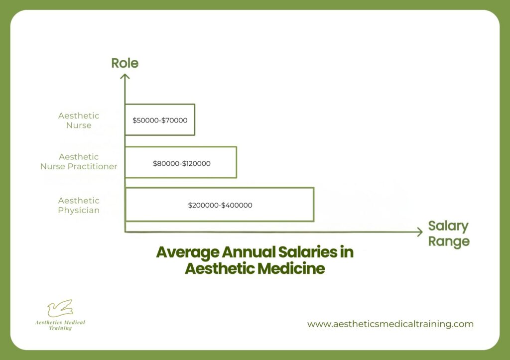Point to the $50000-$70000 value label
(159, 120)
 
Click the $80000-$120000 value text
(181, 163)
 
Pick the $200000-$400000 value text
(220, 205)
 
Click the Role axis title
(125, 63)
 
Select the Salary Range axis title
(448, 234)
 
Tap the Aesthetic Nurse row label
(79, 120)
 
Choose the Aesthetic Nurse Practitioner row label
(79, 162)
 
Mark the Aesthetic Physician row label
(79, 205)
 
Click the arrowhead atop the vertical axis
(125, 76)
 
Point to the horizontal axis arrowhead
(419, 232)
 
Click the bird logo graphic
(60, 308)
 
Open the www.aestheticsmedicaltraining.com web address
(390, 324)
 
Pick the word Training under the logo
(60, 329)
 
